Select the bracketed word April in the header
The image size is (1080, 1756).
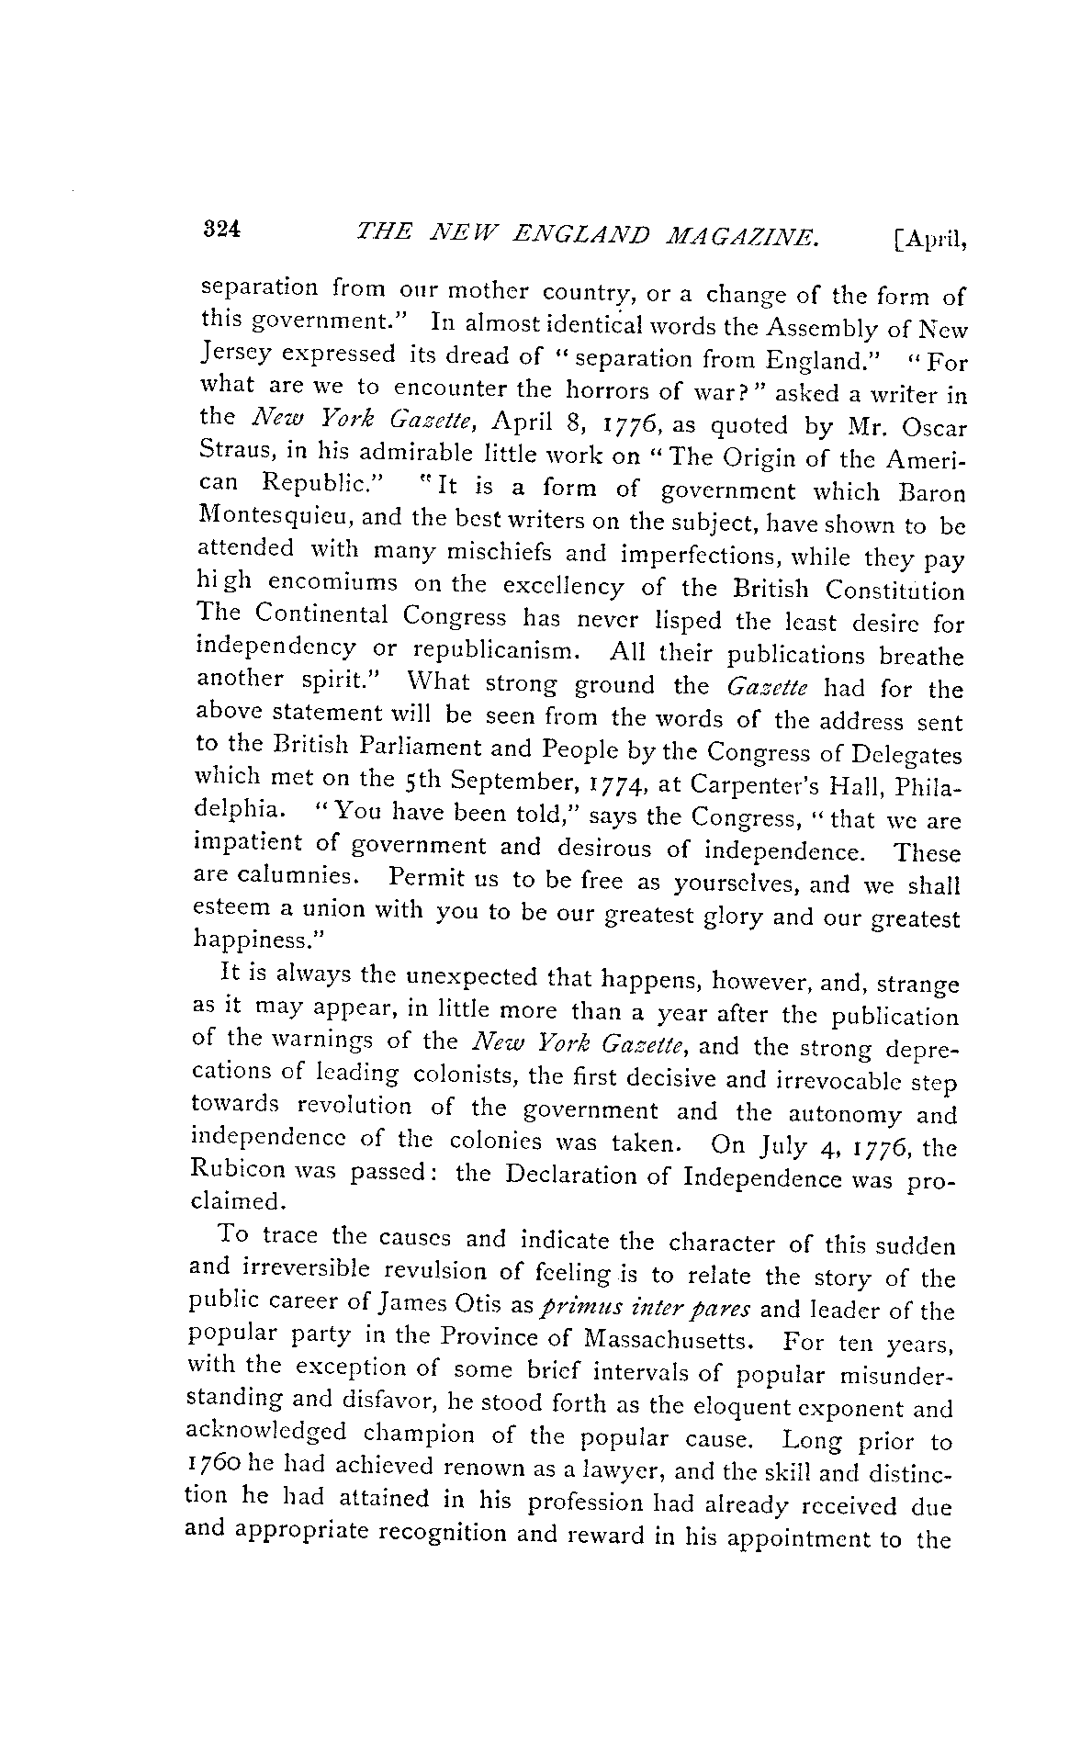(x=928, y=241)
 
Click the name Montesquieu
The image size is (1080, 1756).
(x=274, y=516)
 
